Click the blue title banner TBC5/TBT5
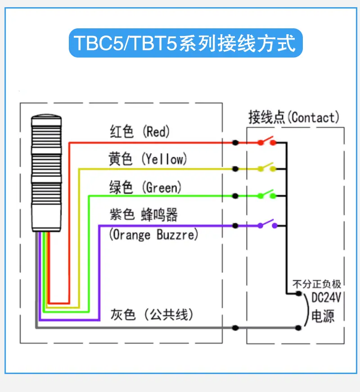(186, 43)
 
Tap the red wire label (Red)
(156, 132)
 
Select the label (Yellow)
(164, 159)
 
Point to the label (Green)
(162, 187)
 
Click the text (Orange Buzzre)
(153, 235)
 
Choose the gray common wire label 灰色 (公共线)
(152, 314)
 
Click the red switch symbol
(267, 141)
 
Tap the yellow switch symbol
(267, 168)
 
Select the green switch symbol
(267, 195)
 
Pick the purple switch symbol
(267, 224)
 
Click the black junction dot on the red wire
(235, 143)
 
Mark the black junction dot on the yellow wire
(235, 169)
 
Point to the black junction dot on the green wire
(235, 196)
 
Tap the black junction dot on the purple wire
(235, 226)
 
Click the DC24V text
(326, 298)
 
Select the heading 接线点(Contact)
(294, 117)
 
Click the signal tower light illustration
(46, 173)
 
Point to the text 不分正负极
(317, 284)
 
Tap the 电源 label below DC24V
(323, 316)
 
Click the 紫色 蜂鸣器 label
(144, 214)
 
